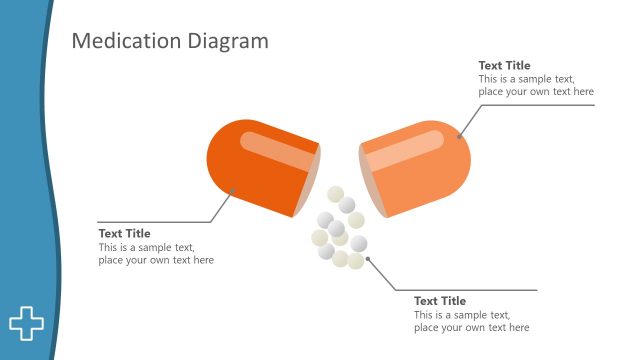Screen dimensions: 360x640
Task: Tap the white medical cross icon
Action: tap(27, 322)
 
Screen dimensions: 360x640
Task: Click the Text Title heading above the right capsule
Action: tap(504, 66)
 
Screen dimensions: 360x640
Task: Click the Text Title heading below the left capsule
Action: tap(124, 234)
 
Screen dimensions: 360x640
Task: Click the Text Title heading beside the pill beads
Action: tap(440, 301)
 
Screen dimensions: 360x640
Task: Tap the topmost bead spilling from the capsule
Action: tap(336, 194)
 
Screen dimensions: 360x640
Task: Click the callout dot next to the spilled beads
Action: tap(368, 259)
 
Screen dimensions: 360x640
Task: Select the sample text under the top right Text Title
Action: tap(535, 85)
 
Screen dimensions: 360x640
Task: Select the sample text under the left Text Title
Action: tap(155, 254)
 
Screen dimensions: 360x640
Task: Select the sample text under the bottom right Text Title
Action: tap(471, 321)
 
